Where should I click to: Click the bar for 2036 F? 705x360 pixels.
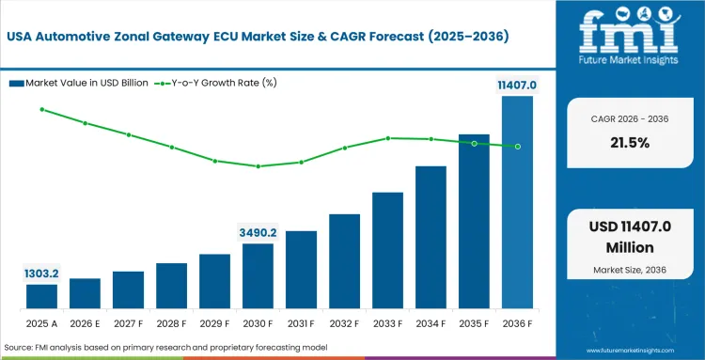517,203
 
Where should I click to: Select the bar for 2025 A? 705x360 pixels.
41,297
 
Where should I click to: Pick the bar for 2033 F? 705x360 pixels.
387,251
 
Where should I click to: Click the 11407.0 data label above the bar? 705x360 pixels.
517,86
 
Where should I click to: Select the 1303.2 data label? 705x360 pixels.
41,273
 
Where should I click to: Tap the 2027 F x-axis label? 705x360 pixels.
128,325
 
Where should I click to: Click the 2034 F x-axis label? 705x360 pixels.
431,325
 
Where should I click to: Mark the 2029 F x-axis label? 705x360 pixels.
214,325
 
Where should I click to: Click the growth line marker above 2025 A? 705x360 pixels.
41,109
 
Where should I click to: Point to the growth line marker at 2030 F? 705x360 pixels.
258,166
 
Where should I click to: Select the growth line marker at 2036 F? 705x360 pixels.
517,146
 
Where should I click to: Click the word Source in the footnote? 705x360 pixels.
20,348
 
